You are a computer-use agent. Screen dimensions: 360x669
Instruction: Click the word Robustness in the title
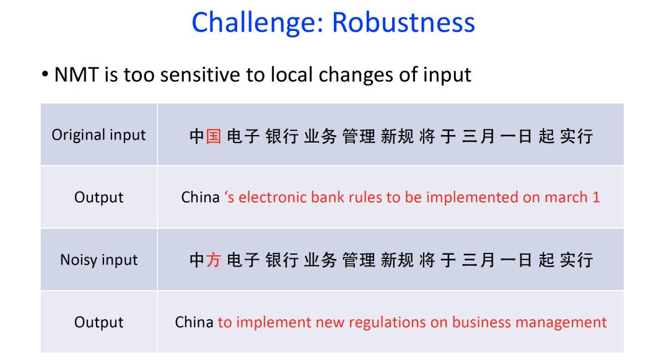403,22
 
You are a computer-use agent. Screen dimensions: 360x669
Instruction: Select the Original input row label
99,135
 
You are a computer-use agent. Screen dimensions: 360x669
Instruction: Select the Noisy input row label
99,260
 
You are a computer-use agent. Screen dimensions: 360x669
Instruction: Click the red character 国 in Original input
214,136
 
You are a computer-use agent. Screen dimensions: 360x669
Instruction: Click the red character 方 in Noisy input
214,260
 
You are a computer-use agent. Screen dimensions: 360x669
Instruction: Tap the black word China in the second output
194,322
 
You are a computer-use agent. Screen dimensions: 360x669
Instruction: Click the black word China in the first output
200,197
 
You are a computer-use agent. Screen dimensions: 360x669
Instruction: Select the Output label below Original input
99,197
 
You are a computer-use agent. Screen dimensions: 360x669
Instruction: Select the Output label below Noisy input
99,322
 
